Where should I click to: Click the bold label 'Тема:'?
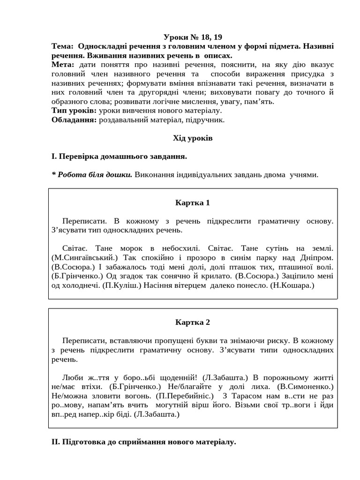point(62,46)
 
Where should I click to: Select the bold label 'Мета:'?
point(63,65)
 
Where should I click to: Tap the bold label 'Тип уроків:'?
point(74,111)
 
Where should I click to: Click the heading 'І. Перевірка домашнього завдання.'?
point(120,156)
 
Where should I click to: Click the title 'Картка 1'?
point(193,202)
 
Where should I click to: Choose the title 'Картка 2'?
point(193,322)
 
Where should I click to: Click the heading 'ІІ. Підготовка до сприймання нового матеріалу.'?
point(144,442)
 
